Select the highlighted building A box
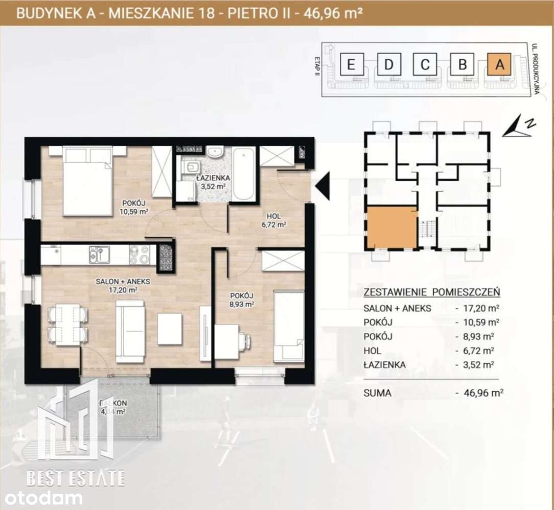tap(500, 65)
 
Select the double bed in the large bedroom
tap(87, 181)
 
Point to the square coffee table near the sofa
tap(170, 329)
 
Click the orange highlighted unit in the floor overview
tap(391, 227)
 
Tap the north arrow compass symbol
tap(518, 127)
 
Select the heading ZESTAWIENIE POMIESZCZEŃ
tap(431, 293)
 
